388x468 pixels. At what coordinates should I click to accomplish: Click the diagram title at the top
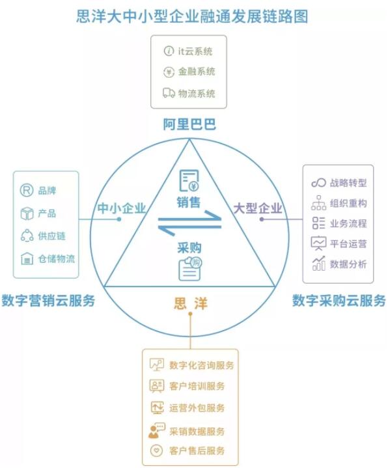(192, 16)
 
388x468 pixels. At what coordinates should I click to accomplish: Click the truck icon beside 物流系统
(169, 93)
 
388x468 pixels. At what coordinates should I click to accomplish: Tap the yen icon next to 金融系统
(169, 72)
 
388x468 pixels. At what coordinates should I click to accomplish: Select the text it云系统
(195, 51)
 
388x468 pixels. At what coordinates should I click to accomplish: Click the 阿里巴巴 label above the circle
(189, 124)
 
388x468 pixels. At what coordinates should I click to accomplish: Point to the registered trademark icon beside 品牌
(27, 190)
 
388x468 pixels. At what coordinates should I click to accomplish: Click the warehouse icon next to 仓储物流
(27, 258)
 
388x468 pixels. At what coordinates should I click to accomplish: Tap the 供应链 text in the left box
(51, 236)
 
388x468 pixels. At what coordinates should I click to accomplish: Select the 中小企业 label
(122, 208)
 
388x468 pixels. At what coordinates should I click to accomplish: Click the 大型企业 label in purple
(258, 208)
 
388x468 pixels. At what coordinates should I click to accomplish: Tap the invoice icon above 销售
(189, 180)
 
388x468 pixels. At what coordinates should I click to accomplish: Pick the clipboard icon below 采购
(190, 269)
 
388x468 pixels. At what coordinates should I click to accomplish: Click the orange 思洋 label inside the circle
(190, 303)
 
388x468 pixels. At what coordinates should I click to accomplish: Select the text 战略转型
(348, 183)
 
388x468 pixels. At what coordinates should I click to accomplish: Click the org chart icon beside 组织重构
(318, 203)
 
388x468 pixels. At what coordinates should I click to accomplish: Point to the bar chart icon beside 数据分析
(318, 263)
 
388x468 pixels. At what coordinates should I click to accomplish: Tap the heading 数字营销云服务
(48, 300)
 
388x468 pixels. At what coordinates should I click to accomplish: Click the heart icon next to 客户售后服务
(156, 450)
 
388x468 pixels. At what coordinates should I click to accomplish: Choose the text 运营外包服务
(197, 408)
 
